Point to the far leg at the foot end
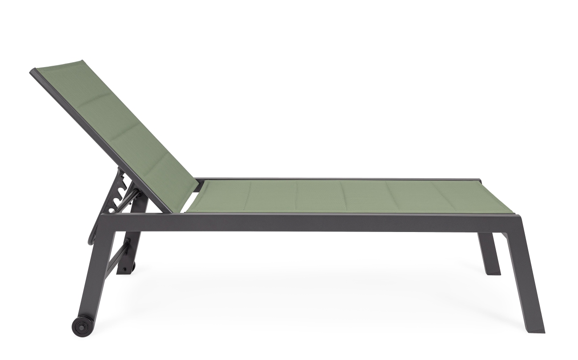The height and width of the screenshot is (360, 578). point(492,253)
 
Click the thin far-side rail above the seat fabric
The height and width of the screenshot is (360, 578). point(338,180)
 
